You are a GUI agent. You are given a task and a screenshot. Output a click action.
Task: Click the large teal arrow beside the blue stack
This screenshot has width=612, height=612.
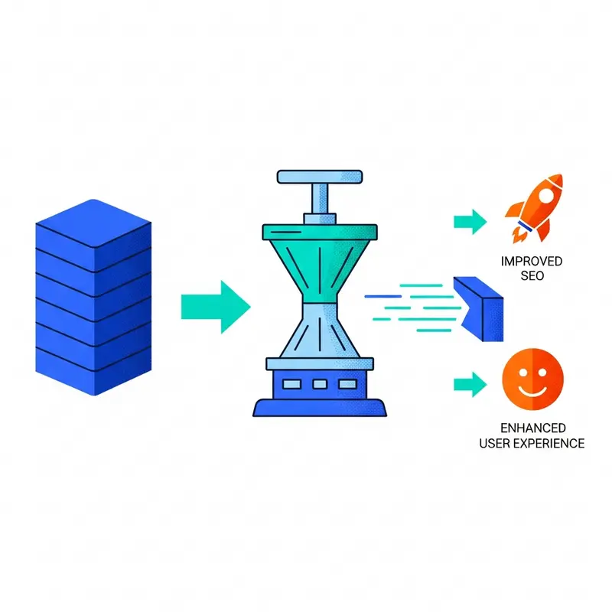point(216,307)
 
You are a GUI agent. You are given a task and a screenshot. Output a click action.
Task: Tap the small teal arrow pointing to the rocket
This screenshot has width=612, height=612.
point(470,222)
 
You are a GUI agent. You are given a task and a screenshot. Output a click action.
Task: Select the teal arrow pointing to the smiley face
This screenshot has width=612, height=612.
point(470,385)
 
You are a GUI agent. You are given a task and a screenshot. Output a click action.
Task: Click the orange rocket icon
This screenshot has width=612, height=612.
point(535,208)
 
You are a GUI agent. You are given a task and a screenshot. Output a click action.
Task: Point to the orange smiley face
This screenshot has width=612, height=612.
point(532,379)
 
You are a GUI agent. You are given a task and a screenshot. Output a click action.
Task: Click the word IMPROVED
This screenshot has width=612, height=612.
point(532,261)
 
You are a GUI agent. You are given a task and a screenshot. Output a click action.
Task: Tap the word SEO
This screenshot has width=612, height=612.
point(532,276)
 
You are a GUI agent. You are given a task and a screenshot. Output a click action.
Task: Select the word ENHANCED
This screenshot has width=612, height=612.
point(533,428)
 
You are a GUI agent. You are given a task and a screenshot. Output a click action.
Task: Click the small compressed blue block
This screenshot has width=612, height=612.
point(479,309)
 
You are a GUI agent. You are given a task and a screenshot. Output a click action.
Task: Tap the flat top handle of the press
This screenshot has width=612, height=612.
point(320,177)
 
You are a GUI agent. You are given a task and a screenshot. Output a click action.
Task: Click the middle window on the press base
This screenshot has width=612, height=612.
point(320,385)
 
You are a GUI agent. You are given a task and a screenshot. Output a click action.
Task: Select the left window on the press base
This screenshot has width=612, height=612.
point(291,385)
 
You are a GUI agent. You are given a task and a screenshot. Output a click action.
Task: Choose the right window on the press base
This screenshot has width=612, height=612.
point(348,385)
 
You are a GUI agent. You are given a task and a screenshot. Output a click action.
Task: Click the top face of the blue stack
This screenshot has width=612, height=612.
point(93,223)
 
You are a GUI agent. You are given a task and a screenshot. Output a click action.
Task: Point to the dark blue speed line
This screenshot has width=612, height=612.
point(383,297)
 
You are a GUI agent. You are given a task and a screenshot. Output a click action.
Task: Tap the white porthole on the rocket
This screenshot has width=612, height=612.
point(546,196)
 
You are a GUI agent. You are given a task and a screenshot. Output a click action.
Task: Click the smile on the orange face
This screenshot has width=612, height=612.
point(532,391)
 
